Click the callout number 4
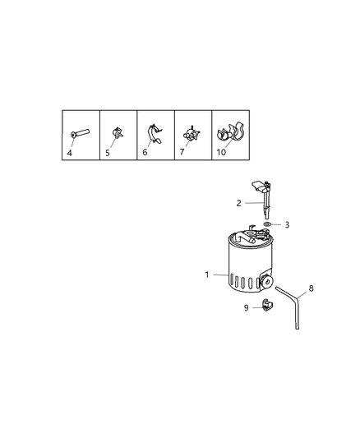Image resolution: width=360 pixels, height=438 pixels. coord(68,152)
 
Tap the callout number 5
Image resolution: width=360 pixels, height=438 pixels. coord(106,152)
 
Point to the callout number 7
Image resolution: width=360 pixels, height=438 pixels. coord(182,152)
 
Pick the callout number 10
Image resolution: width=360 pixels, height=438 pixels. coord(220,152)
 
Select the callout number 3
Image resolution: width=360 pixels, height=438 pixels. coord(287,224)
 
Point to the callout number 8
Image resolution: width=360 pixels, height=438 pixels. coord(311,288)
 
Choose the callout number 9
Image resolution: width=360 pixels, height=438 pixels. coord(246,308)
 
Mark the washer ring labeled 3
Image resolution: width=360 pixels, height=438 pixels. coord(268,224)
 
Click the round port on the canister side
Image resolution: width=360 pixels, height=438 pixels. coord(266,282)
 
